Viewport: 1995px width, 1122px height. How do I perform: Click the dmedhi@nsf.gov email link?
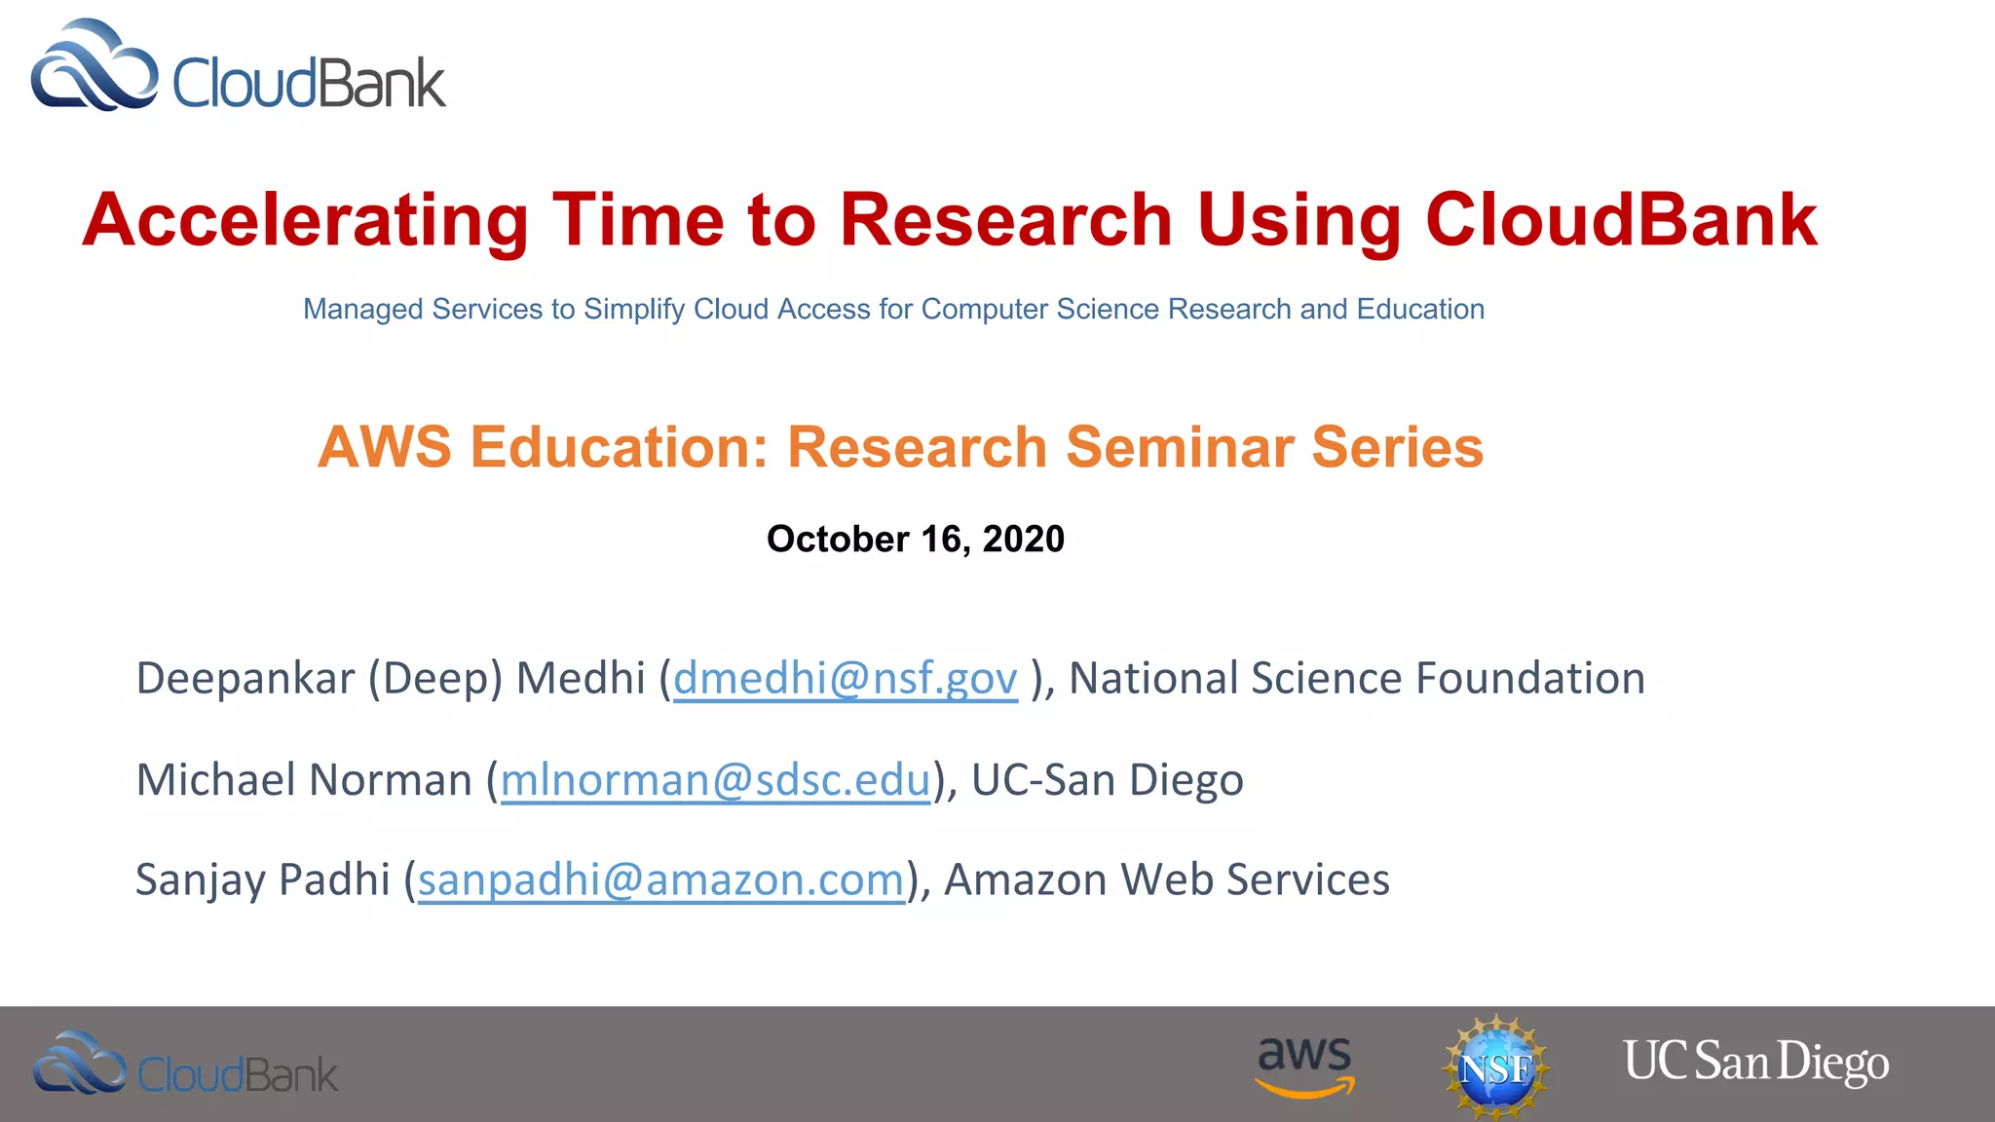(845, 679)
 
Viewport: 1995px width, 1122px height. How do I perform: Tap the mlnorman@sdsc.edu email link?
(715, 780)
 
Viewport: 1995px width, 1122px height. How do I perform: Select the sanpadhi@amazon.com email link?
(660, 880)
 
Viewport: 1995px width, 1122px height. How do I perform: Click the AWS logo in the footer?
(1304, 1066)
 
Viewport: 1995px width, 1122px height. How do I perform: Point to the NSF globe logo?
(1495, 1067)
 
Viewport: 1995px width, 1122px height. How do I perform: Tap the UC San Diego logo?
(1755, 1063)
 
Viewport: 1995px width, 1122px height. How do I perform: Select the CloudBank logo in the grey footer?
(185, 1066)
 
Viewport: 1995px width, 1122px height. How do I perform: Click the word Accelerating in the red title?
(305, 221)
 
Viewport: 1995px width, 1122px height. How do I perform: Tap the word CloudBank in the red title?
(1621, 220)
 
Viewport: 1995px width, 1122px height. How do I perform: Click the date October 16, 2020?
(915, 540)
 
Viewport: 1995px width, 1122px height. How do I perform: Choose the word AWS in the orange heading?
(385, 448)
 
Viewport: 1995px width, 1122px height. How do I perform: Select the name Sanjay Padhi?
(262, 880)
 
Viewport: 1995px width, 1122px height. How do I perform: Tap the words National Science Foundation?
(1356, 679)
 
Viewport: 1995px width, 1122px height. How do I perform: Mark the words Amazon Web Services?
(1166, 880)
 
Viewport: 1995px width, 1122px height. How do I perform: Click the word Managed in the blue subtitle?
(362, 310)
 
